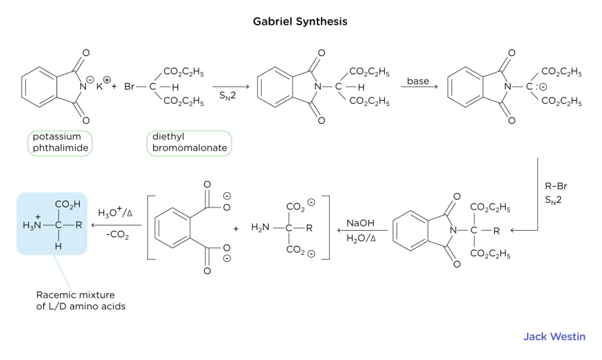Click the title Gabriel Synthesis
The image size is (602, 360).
(300, 21)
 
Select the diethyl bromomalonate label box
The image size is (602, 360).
(189, 142)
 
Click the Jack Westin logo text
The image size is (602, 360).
(554, 337)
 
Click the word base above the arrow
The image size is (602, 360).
(417, 81)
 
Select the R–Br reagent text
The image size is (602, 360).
(554, 185)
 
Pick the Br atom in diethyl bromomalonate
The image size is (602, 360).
(131, 87)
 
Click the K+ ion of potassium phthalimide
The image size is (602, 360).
(102, 87)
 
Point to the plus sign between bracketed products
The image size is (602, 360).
(236, 228)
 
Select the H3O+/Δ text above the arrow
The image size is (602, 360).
(115, 213)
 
